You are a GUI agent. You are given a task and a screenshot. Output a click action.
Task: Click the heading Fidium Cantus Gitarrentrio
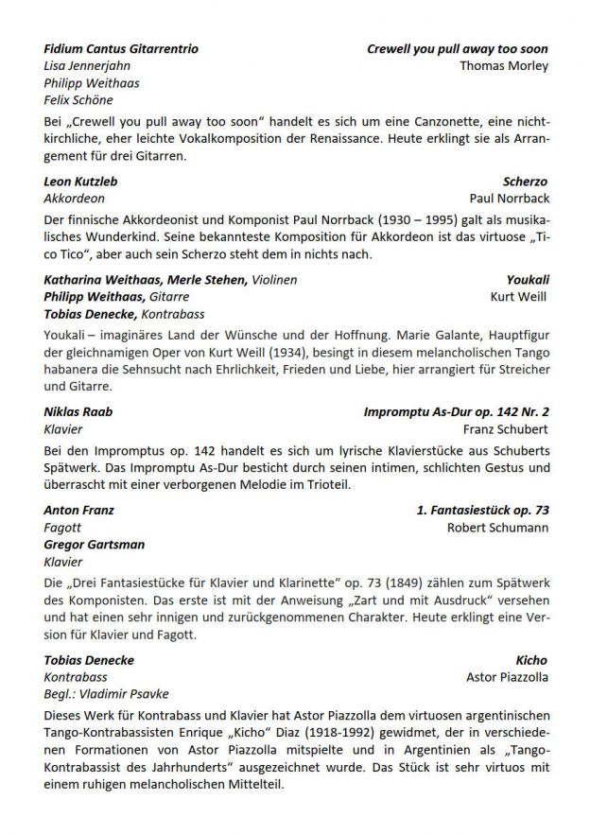point(121,48)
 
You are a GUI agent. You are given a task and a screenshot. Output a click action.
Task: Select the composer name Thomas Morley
point(503,65)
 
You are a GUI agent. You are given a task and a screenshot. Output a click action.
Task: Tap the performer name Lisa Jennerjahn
point(87,65)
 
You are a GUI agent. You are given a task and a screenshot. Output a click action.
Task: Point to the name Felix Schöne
point(78,99)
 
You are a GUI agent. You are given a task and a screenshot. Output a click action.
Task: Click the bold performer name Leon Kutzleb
point(81,181)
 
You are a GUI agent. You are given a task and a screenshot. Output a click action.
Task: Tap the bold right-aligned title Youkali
point(528,279)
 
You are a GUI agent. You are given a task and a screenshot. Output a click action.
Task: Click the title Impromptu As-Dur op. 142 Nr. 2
point(456,411)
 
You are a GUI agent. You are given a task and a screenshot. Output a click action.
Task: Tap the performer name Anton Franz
point(79,510)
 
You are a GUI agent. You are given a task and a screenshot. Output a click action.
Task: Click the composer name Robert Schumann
point(497,527)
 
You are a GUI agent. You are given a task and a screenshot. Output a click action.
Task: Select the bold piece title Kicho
point(531,659)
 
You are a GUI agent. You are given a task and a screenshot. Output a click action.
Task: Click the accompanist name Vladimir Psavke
point(117,693)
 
